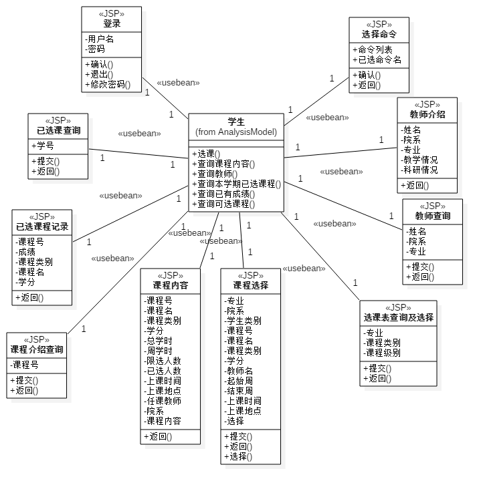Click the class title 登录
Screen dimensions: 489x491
[x=112, y=23]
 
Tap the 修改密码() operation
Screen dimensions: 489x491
[x=108, y=85]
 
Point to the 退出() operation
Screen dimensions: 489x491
[x=99, y=74]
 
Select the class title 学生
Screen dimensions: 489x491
[x=236, y=122]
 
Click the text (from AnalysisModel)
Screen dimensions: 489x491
[x=236, y=132]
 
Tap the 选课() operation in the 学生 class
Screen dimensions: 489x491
[x=206, y=154]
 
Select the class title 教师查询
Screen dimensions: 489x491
[x=433, y=216]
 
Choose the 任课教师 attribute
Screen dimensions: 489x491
[x=163, y=401]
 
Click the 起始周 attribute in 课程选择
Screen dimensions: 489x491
[x=239, y=381]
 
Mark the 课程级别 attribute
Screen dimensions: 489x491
[x=382, y=353]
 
